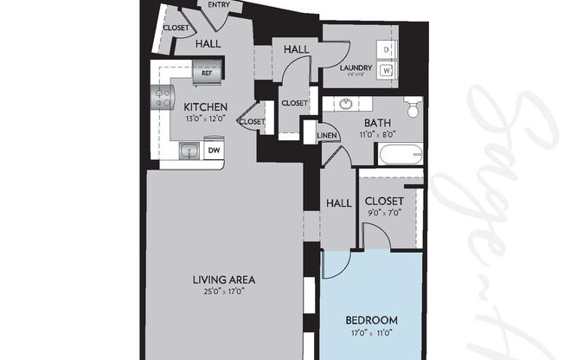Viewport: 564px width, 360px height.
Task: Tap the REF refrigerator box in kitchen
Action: point(207,74)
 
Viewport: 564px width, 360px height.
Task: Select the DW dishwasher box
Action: point(212,150)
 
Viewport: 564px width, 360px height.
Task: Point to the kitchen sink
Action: point(189,151)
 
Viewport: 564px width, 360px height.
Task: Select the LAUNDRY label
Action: point(355,67)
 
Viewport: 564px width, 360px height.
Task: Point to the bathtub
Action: point(399,156)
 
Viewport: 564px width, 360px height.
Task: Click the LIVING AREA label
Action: point(223,280)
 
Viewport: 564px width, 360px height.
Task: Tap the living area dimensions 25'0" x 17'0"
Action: point(223,291)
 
